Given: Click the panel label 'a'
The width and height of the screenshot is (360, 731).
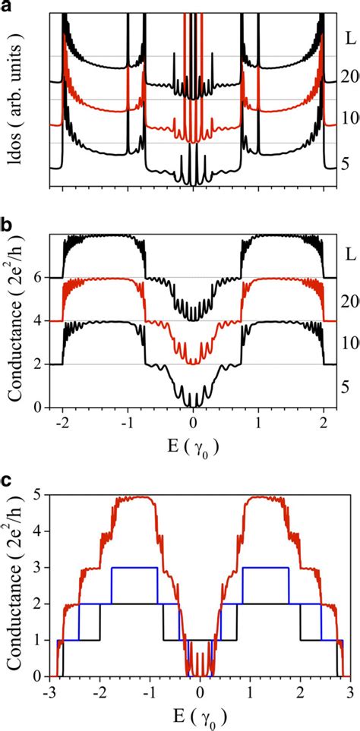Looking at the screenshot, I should point(8,7).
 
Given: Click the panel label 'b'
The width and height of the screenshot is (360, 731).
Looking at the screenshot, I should point(8,224).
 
